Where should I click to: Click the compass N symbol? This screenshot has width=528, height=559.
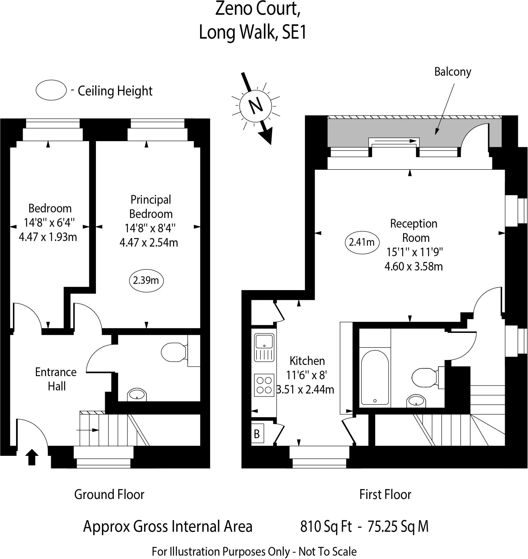(x=256, y=106)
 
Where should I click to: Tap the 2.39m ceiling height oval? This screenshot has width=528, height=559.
(x=146, y=280)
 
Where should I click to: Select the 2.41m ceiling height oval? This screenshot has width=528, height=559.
(x=362, y=242)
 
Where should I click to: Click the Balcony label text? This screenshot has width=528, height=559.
(x=452, y=72)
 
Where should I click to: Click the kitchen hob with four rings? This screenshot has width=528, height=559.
(x=264, y=385)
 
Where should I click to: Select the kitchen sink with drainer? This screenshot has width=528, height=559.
(x=264, y=347)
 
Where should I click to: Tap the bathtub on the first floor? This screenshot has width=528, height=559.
(x=375, y=377)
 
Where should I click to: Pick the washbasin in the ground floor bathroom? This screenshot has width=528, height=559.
(x=137, y=394)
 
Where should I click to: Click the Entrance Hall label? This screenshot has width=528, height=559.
(x=56, y=379)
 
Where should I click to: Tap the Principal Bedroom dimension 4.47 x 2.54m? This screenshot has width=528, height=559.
(x=149, y=242)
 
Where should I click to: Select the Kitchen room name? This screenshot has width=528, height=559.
(x=307, y=361)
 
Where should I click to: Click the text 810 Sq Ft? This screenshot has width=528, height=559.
(x=326, y=526)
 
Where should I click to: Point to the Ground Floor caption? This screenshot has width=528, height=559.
(x=109, y=495)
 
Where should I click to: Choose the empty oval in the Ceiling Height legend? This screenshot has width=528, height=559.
(x=51, y=90)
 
